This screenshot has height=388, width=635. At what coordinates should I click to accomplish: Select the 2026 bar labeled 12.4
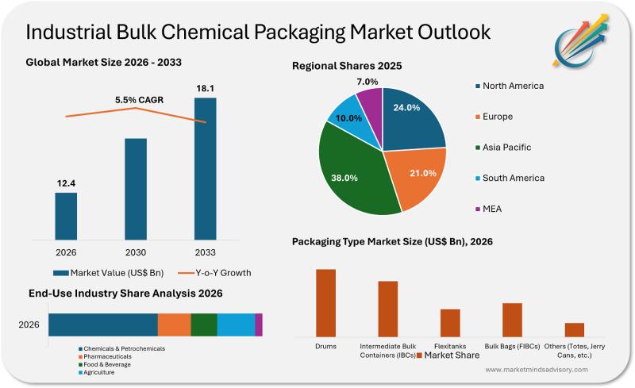[x=66, y=215]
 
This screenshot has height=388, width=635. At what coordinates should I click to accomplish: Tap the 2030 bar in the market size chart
[x=136, y=188]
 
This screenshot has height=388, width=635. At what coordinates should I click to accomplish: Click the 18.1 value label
[x=205, y=88]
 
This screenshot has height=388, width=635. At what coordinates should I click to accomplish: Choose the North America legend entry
[x=513, y=86]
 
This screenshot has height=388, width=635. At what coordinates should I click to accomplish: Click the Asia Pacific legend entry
[x=506, y=147]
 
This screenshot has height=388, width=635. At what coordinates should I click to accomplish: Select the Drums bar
[x=325, y=303]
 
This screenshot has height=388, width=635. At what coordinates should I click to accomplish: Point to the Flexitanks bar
[x=450, y=323]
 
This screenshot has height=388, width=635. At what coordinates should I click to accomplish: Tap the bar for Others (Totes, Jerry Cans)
[x=575, y=329]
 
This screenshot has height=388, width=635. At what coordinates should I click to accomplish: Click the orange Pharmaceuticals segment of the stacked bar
[x=174, y=325]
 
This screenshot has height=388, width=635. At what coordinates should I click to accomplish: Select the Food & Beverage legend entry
[x=106, y=364]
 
